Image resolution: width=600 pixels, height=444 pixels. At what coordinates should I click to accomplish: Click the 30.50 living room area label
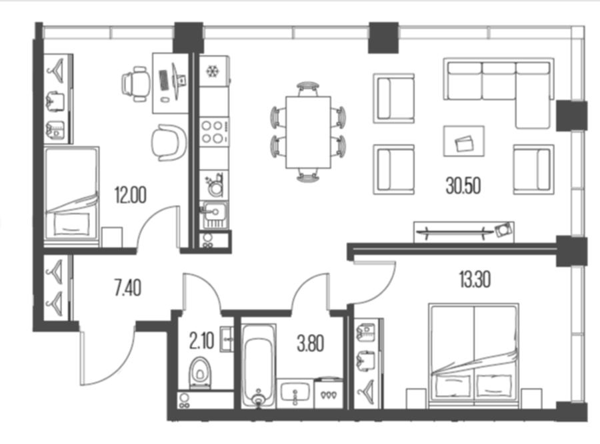click(463, 186)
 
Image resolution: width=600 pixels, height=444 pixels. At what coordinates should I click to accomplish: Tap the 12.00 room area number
click(130, 195)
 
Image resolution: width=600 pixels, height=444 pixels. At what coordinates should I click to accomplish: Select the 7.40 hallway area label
click(128, 288)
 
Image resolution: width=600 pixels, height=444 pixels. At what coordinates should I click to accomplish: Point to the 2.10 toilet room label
click(201, 341)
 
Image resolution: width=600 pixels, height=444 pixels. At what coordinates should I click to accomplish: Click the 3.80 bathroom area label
click(310, 343)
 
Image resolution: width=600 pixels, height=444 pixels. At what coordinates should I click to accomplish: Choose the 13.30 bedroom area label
click(475, 279)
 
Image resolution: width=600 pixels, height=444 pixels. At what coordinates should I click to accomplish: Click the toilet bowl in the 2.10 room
click(200, 373)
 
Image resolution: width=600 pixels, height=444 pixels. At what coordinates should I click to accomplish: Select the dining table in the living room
click(309, 132)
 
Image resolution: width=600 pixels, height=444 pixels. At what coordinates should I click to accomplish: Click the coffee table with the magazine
click(464, 141)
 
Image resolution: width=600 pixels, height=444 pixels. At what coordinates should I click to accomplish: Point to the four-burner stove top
click(214, 132)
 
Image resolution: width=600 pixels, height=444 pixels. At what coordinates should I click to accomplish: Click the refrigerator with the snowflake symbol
click(214, 71)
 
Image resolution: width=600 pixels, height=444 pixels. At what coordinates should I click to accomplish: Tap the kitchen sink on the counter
click(213, 215)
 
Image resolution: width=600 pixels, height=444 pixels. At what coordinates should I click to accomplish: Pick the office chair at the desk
click(135, 83)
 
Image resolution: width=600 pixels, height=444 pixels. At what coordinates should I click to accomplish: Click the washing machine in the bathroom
click(328, 393)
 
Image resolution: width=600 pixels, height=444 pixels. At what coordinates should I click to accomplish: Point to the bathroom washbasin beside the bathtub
click(295, 394)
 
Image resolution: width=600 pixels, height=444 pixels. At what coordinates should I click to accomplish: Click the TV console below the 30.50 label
click(464, 232)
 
